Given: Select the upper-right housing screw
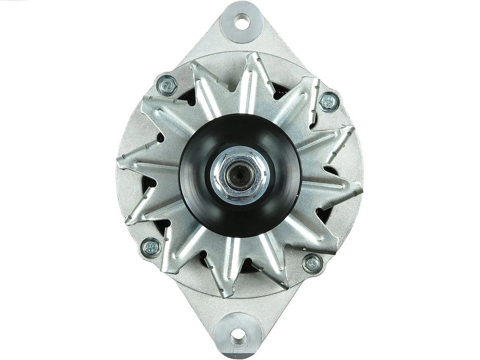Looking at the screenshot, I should (329, 101).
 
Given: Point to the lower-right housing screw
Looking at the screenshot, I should (312, 263).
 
